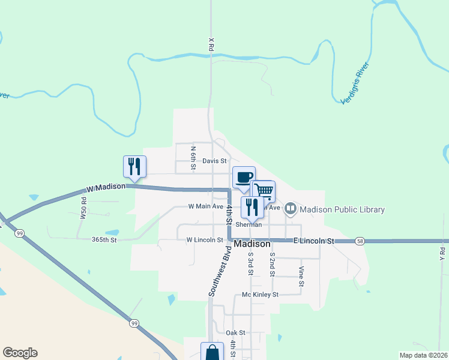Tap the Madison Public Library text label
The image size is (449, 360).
[342, 209]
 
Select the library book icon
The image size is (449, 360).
[291, 209]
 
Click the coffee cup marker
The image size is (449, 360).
[244, 178]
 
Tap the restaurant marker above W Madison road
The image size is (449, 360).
[134, 166]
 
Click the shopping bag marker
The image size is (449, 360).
[212, 352]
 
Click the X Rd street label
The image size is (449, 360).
[211, 44]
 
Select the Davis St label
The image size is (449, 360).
[214, 161]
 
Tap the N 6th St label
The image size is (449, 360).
[193, 157]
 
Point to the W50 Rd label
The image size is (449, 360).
[83, 207]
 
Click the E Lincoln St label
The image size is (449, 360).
[313, 241]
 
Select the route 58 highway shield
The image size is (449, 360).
[359, 241]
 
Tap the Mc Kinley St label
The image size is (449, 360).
[260, 295]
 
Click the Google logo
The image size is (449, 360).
[20, 353]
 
